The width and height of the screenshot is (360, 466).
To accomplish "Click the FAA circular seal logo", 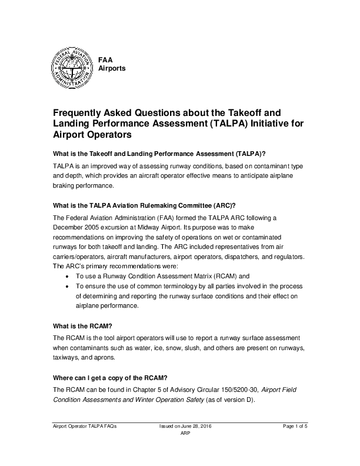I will pos(70,68).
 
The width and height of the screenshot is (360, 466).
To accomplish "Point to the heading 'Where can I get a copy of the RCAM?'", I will pos(110,377).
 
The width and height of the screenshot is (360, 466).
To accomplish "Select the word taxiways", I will pos(66,358).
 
